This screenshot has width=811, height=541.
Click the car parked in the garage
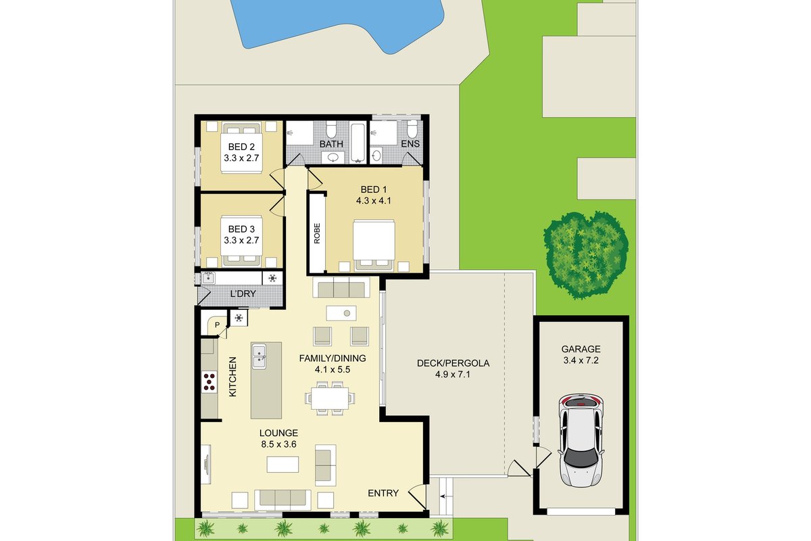(581, 440)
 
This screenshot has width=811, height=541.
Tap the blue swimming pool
(337, 22)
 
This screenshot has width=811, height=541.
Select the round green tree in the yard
(586, 255)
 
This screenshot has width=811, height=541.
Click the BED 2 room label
(241, 147)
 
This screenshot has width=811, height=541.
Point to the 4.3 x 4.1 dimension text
(374, 201)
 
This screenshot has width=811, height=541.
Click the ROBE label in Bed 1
(317, 233)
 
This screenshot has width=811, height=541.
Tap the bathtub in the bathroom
(359, 143)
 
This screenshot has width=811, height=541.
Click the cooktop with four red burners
(210, 382)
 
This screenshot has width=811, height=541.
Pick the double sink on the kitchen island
(259, 356)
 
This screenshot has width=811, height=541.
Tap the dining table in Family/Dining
(330, 398)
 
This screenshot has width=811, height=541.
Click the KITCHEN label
(232, 377)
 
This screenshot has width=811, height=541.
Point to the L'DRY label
(243, 294)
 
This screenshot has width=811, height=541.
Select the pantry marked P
(215, 323)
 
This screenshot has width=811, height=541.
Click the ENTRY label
(383, 493)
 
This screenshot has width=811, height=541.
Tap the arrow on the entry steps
(445, 496)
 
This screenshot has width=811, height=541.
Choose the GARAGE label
(581, 349)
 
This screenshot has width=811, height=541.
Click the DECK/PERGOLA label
(453, 363)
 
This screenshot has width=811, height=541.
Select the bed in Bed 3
(241, 241)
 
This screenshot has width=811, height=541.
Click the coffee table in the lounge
(282, 465)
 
